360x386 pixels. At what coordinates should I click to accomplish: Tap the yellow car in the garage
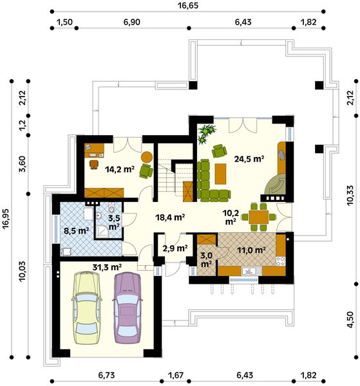86,308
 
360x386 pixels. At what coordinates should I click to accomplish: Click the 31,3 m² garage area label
107,267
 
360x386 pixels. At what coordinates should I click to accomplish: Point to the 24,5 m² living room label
249,159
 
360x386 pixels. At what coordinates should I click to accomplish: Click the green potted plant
207,133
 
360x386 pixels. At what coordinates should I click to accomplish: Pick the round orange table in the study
147,156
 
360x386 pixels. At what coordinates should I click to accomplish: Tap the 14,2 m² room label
120,169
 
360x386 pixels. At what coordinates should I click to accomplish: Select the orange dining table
258,217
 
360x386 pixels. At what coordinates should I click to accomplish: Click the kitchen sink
249,271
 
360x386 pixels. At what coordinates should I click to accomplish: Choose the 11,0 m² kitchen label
251,250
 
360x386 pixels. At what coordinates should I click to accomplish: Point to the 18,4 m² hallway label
170,217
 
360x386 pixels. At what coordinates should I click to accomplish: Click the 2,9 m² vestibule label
175,248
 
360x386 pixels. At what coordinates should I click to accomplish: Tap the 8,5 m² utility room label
77,231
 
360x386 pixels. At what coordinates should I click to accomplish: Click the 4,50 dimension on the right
350,320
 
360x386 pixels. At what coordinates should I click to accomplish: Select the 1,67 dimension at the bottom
176,376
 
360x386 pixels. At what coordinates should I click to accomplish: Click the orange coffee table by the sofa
220,174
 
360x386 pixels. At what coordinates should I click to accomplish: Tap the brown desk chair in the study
94,164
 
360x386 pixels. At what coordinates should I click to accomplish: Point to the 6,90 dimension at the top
132,22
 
